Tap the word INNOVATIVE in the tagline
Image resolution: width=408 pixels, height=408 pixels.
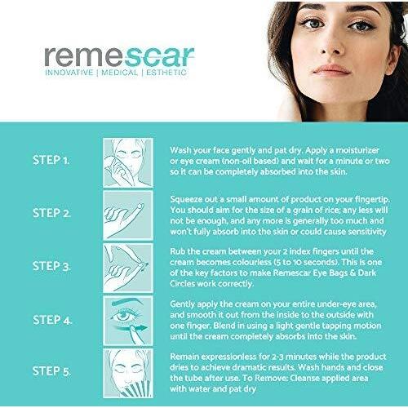[x=69, y=73]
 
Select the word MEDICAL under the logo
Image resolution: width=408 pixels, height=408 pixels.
[x=119, y=73]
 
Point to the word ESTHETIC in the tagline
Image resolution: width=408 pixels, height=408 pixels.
[x=166, y=73]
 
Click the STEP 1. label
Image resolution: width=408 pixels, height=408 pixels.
[x=51, y=160]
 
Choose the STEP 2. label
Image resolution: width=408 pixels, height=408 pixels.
[x=51, y=213]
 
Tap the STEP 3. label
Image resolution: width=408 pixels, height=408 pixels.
[x=51, y=266]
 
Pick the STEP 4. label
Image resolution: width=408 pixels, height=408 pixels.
[x=52, y=320]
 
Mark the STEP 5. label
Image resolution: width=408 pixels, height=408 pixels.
[x=51, y=371]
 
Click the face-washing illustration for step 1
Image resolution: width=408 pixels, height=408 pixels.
[x=128, y=162]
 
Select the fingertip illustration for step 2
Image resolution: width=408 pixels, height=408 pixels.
[x=128, y=215]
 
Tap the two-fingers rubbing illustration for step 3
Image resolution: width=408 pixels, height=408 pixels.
[x=128, y=268]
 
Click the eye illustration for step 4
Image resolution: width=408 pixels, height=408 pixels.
[x=128, y=321]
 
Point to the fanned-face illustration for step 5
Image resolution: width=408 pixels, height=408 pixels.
[x=128, y=373]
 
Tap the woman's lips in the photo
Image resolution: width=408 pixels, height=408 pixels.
[x=331, y=70]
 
